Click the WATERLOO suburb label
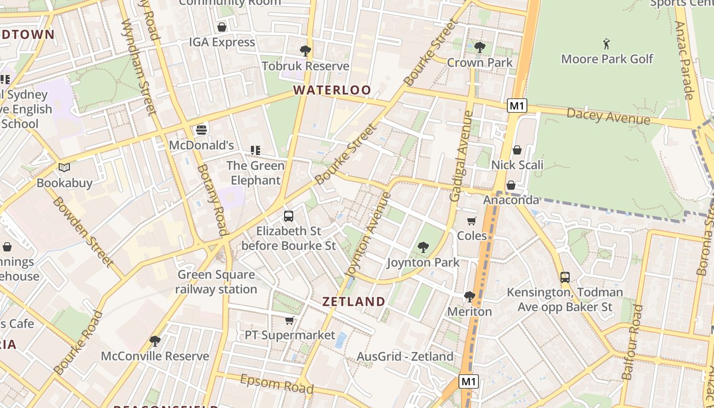point(332,90)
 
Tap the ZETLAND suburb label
point(353,301)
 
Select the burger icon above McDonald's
point(201,130)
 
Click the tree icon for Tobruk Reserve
point(305,50)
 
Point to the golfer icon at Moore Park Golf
point(606,43)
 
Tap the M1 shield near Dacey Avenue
point(517,106)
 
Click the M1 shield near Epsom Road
point(469,381)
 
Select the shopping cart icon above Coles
point(472,221)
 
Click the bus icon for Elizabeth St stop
point(288,216)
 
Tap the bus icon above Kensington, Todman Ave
point(565,277)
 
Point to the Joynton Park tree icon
point(423,247)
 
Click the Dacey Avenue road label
point(608,116)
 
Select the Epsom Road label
point(276,384)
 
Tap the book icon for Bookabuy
point(64,167)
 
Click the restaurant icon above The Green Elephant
point(255,150)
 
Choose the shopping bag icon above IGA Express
point(221,27)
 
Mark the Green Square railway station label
point(216,282)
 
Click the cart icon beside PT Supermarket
point(290,320)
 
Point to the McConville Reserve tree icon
point(155,340)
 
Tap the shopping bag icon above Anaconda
point(511,185)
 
